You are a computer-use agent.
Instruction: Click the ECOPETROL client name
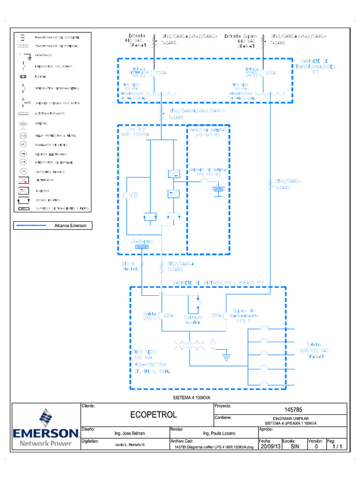tap(147, 415)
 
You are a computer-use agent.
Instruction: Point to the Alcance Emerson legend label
tap(70, 225)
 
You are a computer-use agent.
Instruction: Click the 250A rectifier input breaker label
tap(161, 73)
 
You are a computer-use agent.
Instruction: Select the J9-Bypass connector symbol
tap(142, 247)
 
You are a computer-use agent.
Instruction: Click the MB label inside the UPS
tap(133, 195)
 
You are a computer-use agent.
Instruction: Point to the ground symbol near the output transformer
tap(226, 358)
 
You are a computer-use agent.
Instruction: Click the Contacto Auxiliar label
tap(193, 320)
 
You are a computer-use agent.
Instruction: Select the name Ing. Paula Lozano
tap(218, 434)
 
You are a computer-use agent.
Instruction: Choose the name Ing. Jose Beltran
tap(130, 434)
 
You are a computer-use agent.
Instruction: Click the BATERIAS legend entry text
tap(41, 124)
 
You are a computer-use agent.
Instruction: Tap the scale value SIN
tap(294, 447)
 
